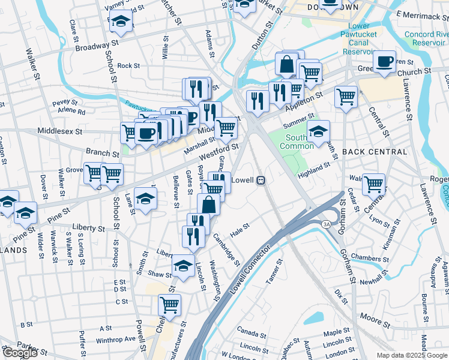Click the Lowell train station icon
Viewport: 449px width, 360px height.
click(261, 180)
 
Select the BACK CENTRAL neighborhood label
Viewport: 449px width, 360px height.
click(366, 152)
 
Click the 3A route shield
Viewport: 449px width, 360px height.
click(326, 224)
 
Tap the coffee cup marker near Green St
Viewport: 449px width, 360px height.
click(384, 61)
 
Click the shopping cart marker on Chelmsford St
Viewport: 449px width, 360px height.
click(170, 305)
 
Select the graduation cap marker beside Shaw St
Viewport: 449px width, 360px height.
click(183, 266)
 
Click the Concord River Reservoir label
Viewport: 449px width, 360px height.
click(424, 38)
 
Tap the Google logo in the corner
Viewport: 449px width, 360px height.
click(19, 353)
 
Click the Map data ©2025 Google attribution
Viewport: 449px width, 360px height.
click(411, 355)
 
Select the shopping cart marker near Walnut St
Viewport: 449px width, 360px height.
click(373, 184)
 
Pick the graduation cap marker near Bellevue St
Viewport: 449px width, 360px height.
click(145, 199)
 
